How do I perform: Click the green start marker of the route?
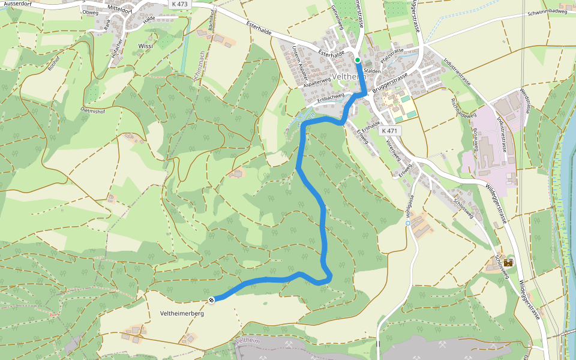tap(358, 60)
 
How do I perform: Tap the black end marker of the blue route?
tap(211, 299)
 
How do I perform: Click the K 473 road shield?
tap(178, 4)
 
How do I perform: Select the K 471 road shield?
tap(389, 131)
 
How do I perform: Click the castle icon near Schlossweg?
tap(508, 263)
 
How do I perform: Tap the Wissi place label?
tap(145, 46)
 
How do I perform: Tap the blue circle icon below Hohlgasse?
tap(408, 223)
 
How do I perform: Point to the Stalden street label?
tap(372, 71)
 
